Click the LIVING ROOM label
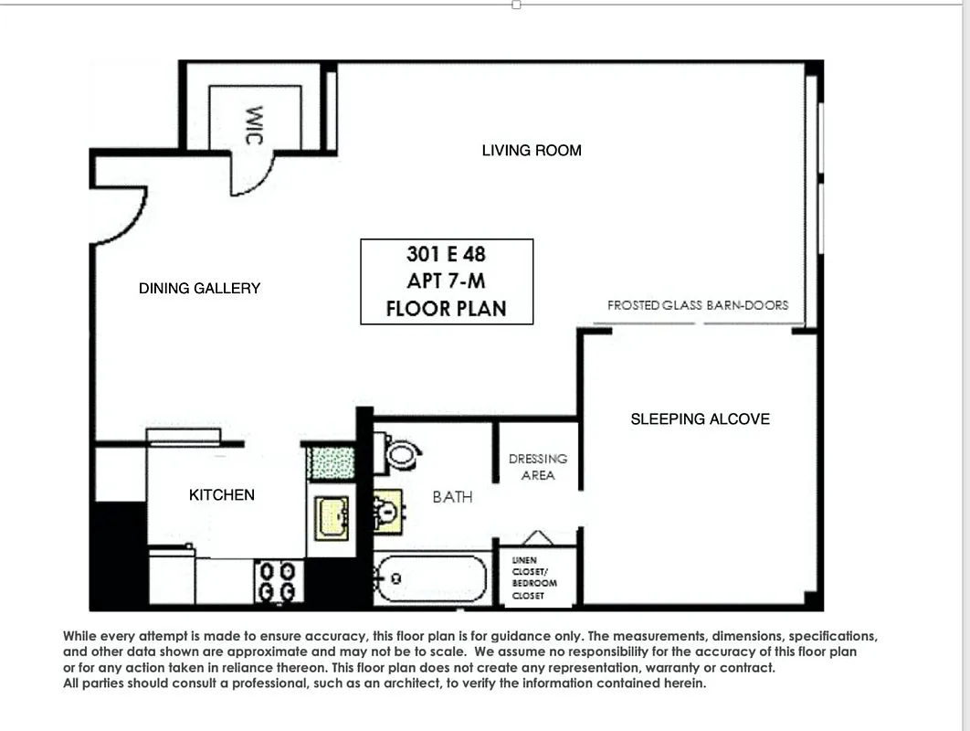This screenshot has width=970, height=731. tap(532, 150)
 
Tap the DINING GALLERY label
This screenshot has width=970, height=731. tap(199, 288)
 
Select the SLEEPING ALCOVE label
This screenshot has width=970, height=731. tap(700, 418)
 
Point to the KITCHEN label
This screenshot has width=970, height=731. tap(221, 494)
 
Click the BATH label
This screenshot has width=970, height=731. tap(452, 497)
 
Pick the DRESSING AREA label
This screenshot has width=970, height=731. tap(537, 466)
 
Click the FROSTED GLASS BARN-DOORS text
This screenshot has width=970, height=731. tap(697, 305)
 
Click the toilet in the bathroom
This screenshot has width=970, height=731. tap(399, 454)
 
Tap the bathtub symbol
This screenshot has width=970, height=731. tap(431, 579)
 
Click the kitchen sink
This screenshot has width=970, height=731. tap(331, 518)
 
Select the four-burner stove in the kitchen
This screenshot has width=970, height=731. tap(278, 581)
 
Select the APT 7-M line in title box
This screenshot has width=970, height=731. tap(446, 281)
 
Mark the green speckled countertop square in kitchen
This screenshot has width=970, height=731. tap(330, 462)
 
